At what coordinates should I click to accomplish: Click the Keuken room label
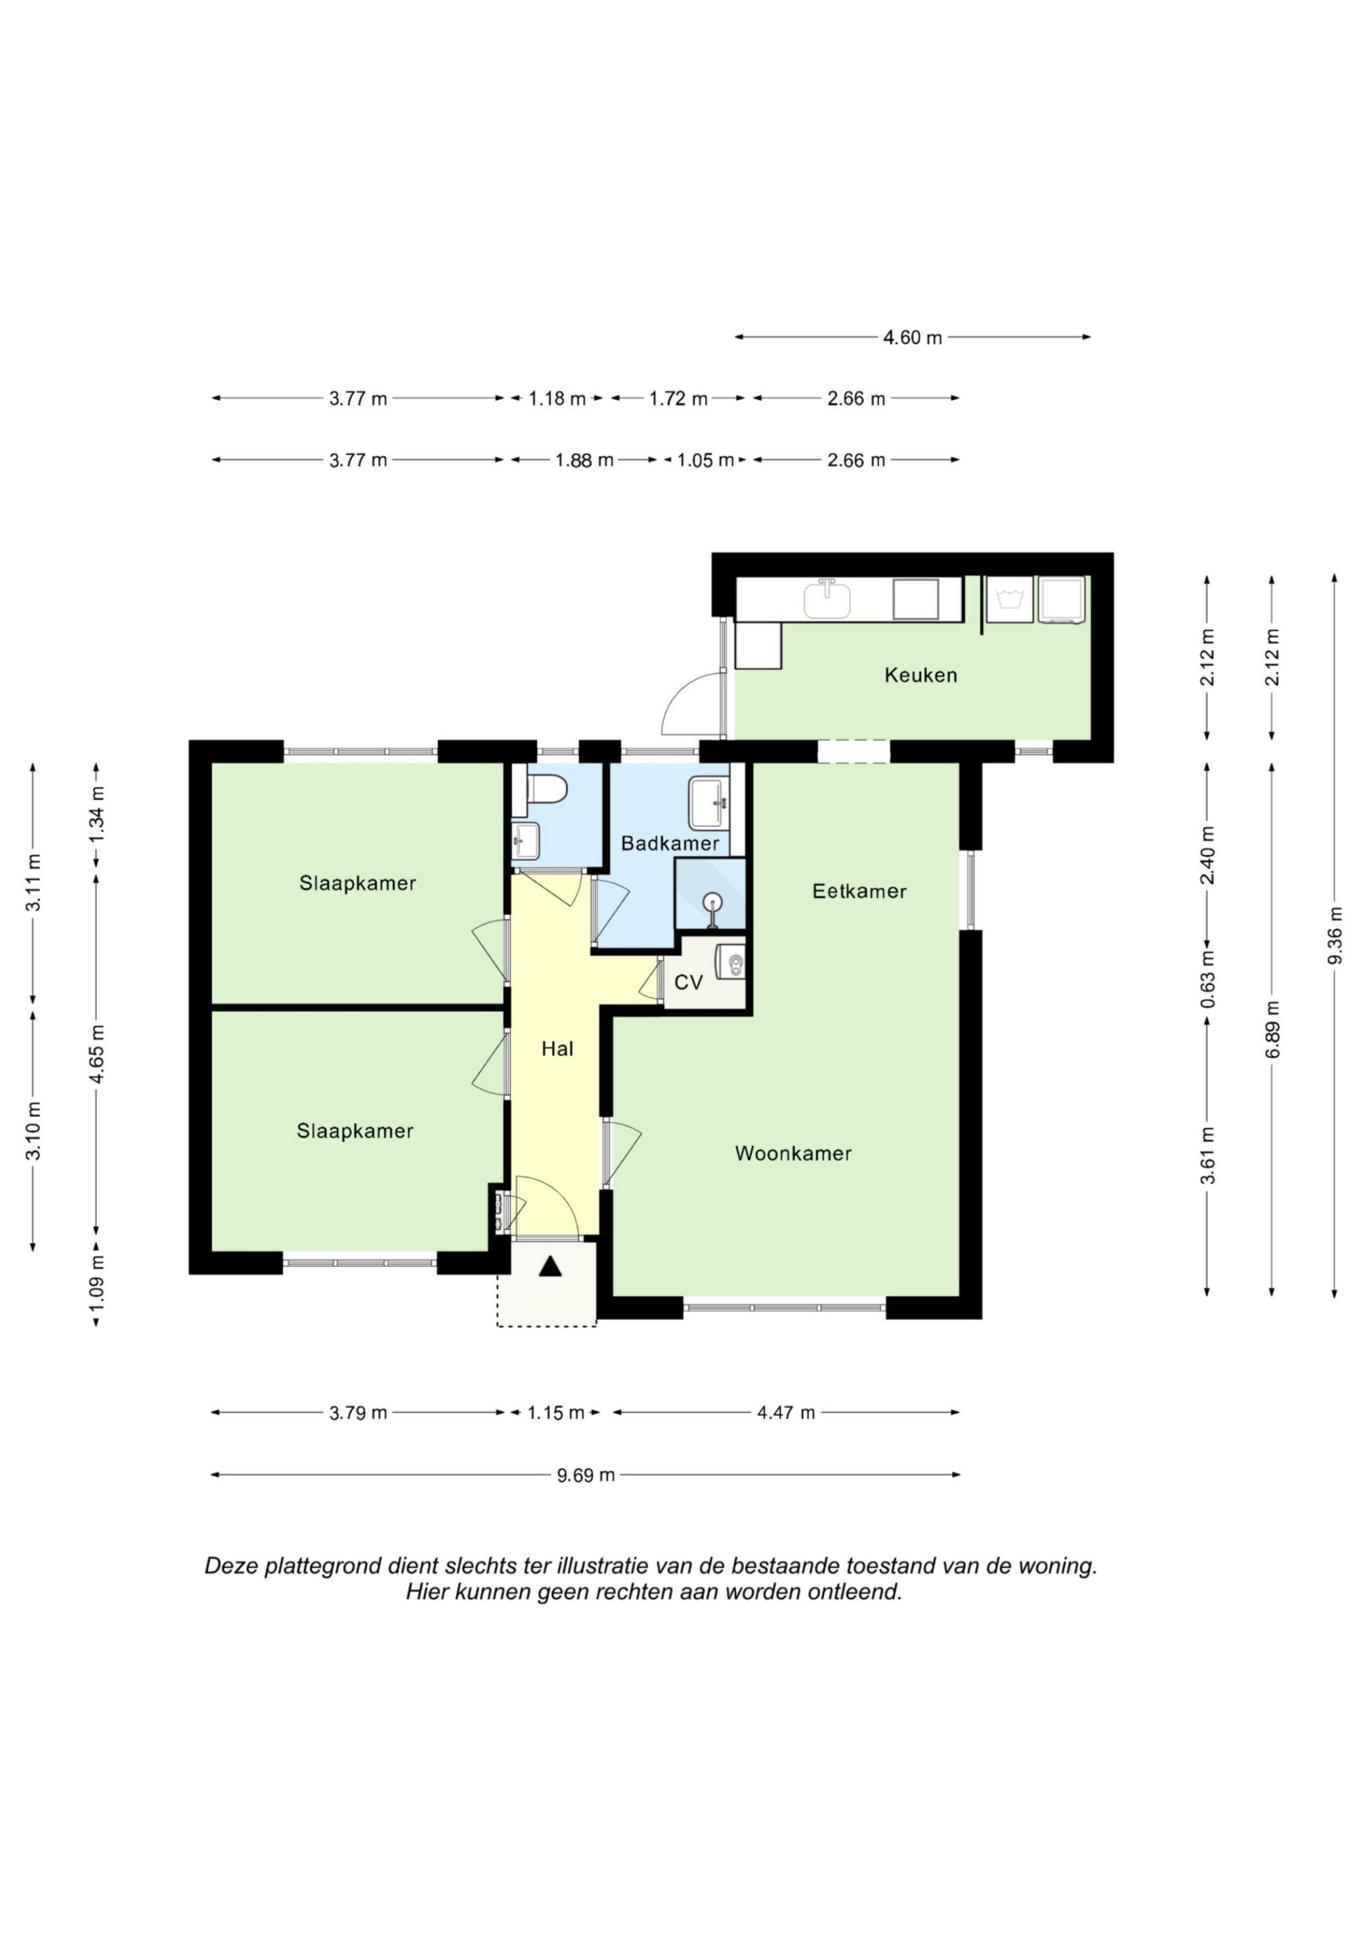pos(921,675)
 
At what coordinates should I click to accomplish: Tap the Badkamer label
pos(671,843)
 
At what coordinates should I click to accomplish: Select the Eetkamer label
pos(859,891)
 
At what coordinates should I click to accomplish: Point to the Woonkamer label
pos(794,1153)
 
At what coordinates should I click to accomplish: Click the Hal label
pos(558,1049)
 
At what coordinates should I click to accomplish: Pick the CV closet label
pos(689,982)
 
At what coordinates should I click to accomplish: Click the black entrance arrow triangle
pos(550,1266)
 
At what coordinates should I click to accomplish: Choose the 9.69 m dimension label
pos(585,1474)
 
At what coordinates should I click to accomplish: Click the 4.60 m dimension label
pos(912,338)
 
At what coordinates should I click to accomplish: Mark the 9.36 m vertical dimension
pos(1334,935)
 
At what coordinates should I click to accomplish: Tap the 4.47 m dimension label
pos(786,1412)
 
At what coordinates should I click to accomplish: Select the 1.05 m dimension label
pos(706,460)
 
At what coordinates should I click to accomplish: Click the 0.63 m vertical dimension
pos(1208,979)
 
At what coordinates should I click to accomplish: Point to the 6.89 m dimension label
pos(1272,1030)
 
